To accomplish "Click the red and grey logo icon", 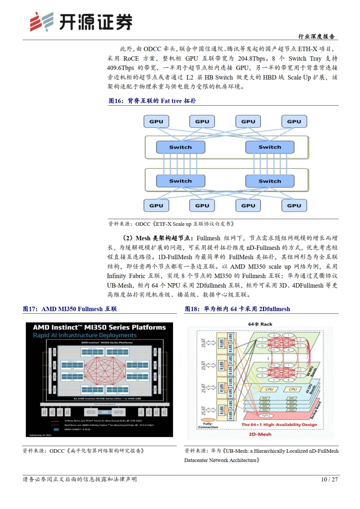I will tap(41, 22).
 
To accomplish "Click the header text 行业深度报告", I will tap(316, 36).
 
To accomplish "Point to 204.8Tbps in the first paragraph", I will tap(252, 59).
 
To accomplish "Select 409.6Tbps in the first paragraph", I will tap(120, 68).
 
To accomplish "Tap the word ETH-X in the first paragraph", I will tap(307, 49).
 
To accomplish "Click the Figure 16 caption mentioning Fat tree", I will tap(152, 101).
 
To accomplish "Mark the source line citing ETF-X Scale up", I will tap(171, 224).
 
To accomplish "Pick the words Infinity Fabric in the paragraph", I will tap(126, 276).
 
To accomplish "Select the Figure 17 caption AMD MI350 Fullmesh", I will tap(70, 309).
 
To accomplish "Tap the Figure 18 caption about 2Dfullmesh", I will tap(237, 309).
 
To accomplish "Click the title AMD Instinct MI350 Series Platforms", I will tap(99, 327).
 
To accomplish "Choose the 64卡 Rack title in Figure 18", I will tap(260, 324).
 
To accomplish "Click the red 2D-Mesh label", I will tap(260, 434).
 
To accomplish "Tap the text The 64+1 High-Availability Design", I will tap(279, 425).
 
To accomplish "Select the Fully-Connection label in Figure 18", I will tap(208, 425).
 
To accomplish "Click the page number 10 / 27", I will tap(329, 479).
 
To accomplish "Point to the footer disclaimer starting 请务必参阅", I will tap(80, 479).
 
